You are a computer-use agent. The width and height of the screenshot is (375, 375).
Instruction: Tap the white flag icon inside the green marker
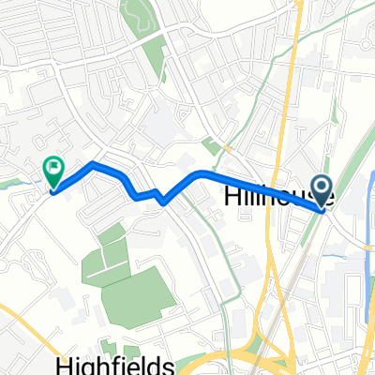click(53, 169)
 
